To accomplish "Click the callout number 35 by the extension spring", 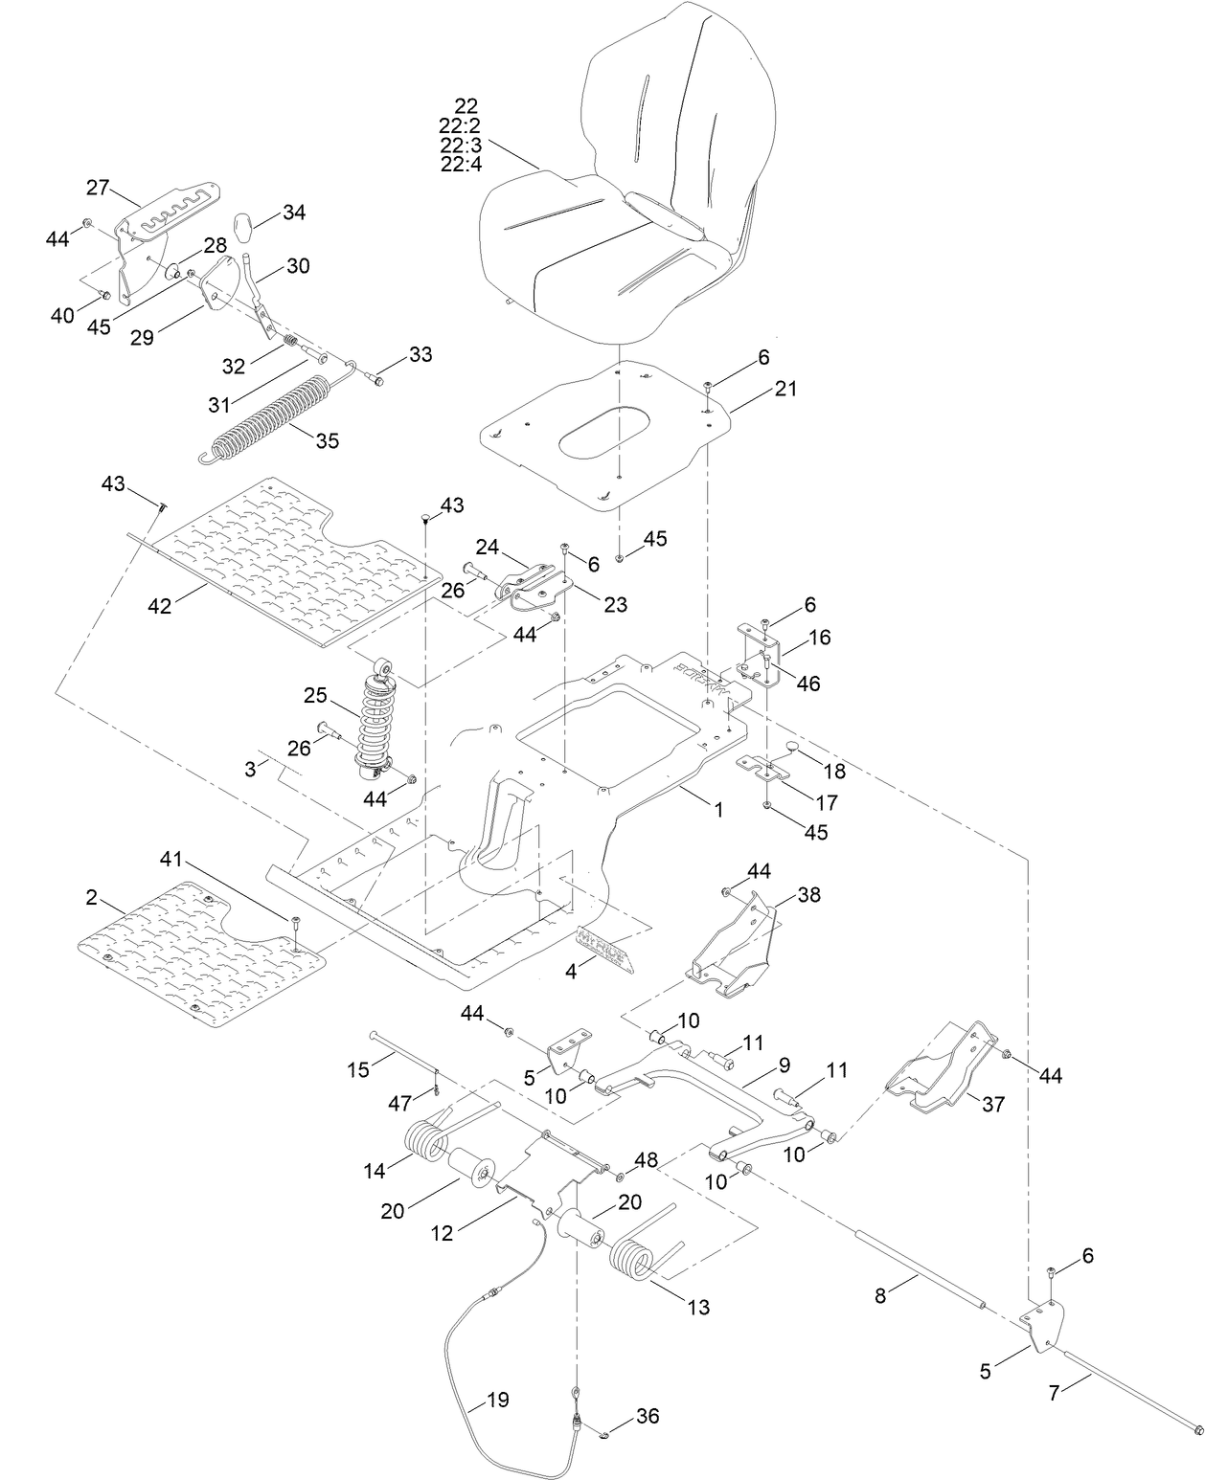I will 328,441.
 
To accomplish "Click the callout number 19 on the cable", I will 498,1400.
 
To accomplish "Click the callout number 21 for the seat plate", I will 786,389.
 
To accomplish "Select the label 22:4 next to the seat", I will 461,164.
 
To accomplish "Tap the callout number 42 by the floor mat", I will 160,605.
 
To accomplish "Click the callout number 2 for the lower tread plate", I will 91,897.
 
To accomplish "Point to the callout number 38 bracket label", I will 809,894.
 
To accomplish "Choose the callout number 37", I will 993,1104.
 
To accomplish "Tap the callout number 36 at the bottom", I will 648,1416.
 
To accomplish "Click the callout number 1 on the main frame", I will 718,809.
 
